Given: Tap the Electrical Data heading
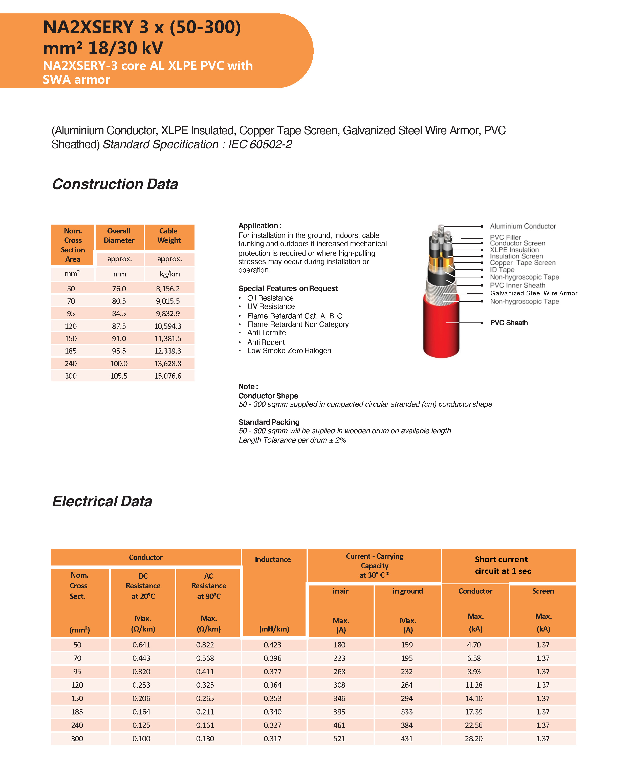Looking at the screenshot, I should coord(102,501).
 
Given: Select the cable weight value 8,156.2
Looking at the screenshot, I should coord(168,289).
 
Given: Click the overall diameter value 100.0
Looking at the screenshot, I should coord(119,363).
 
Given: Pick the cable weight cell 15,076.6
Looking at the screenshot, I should coord(168,376).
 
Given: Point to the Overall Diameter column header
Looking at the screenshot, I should coord(119,235).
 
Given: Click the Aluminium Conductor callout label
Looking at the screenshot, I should coord(523,226).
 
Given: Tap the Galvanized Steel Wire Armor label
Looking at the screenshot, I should coord(533,293).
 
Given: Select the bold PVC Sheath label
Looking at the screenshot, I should coord(509,323).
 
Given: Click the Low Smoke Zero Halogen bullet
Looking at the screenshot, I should coord(289,351).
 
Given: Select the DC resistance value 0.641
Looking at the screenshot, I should coord(141,645).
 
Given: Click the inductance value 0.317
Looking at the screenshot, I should coord(272,738).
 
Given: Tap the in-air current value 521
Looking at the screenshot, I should coord(339,738).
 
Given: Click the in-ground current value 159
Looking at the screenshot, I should coord(407,645).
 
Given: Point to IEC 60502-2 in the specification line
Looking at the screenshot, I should coord(260,144).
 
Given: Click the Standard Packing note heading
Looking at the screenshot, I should coord(269,422).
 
